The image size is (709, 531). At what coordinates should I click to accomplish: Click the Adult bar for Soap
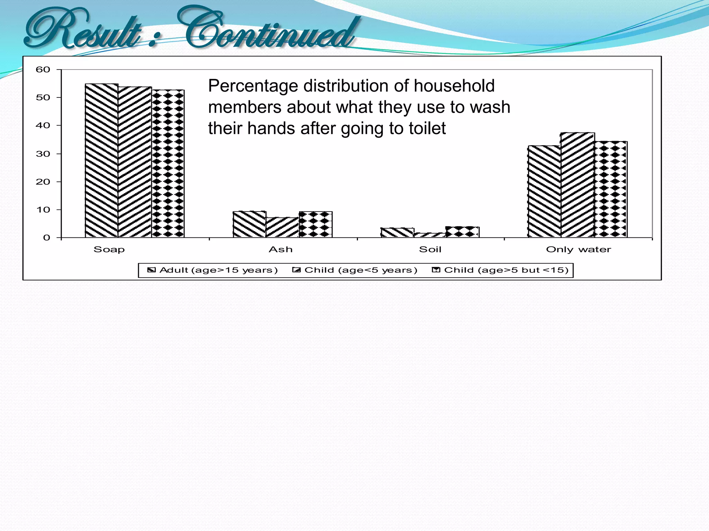102,161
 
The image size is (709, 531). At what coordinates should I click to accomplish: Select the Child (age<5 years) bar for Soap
135,162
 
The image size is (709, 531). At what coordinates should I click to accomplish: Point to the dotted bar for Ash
315,224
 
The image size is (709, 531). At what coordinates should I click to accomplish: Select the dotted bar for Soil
463,232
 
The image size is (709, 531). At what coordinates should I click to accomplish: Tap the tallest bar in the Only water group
577,185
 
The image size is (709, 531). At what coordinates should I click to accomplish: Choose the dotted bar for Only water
611,189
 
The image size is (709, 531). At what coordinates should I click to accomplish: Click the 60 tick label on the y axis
43,70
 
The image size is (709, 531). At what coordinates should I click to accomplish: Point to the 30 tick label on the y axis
43,154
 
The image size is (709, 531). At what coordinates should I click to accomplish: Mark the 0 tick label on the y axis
46,238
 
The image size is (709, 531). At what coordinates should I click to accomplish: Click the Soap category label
109,250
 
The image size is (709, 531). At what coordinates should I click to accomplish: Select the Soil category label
430,250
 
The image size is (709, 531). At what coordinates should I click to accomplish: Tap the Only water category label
578,250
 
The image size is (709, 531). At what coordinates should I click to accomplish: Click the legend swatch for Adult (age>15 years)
151,270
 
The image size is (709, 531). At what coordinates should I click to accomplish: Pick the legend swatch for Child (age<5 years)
296,270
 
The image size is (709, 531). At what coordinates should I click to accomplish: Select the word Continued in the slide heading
270,29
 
